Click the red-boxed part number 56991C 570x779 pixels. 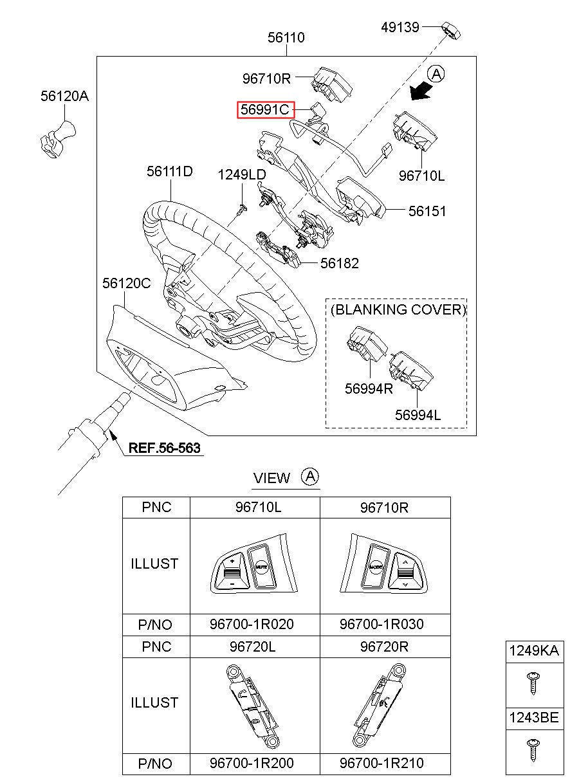(265, 110)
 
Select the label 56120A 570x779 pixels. (64, 96)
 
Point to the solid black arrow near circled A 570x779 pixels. (421, 93)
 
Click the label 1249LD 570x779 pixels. (241, 174)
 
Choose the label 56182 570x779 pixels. (340, 263)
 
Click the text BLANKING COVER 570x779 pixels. (398, 309)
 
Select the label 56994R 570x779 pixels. (369, 389)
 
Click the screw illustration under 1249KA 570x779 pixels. (533, 682)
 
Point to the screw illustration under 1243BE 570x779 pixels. (533, 750)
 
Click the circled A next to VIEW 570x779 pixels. (311, 477)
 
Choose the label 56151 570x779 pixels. (427, 211)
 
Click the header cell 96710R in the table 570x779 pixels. (385, 508)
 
